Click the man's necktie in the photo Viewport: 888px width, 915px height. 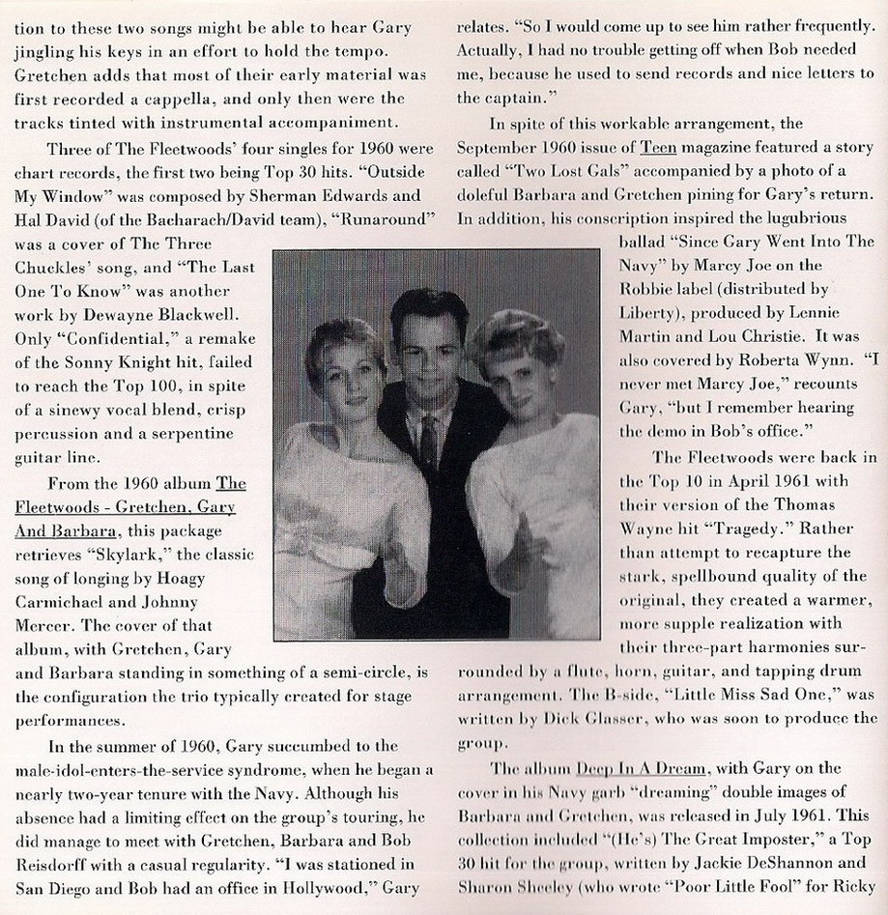[426, 443]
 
